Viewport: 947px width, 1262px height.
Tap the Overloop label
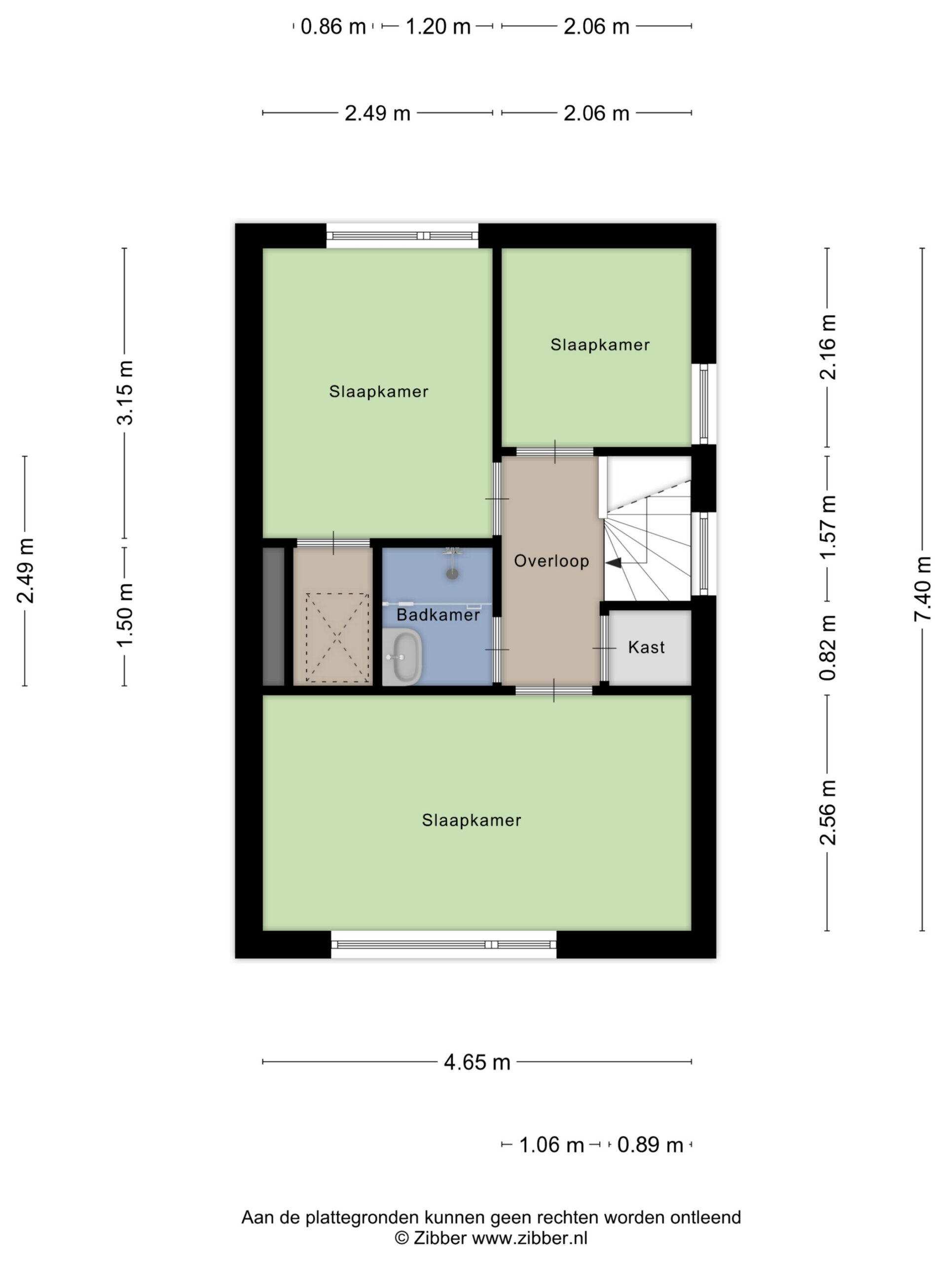pyautogui.click(x=551, y=561)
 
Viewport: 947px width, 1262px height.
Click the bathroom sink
pyautogui.click(x=402, y=657)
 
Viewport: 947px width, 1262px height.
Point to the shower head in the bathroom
pyautogui.click(x=452, y=572)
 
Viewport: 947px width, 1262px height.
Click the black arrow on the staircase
pyautogui.click(x=614, y=563)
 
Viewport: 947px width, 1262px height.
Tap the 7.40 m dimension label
pyautogui.click(x=922, y=589)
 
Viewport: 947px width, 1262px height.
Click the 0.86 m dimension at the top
pyautogui.click(x=333, y=26)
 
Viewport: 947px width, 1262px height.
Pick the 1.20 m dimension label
pyautogui.click(x=438, y=26)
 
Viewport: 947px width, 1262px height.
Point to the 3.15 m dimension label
pyautogui.click(x=124, y=392)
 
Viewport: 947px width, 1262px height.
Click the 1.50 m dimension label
pyautogui.click(x=124, y=616)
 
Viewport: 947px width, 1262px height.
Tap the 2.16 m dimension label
pyautogui.click(x=827, y=347)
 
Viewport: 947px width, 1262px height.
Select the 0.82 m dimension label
pyautogui.click(x=827, y=648)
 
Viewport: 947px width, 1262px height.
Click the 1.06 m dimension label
pyautogui.click(x=551, y=1145)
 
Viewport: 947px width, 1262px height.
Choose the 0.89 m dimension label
pyautogui.click(x=650, y=1145)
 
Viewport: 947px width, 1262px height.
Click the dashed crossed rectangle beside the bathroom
pyautogui.click(x=337, y=637)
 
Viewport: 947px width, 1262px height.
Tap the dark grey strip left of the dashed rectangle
pyautogui.click(x=273, y=617)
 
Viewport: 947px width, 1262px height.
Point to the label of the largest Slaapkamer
pyautogui.click(x=472, y=820)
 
